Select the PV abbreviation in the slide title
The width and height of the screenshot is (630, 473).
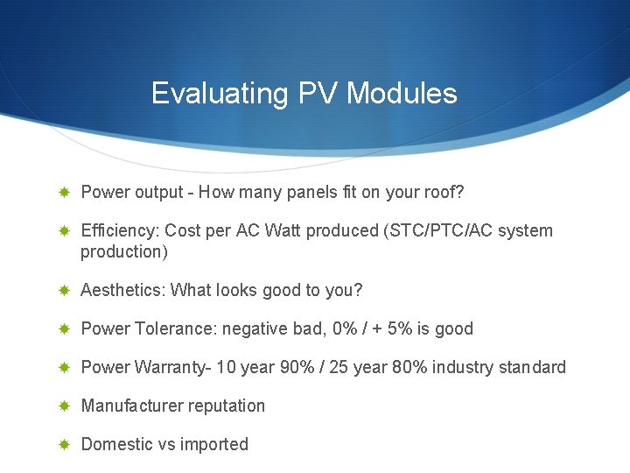pyautogui.click(x=319, y=94)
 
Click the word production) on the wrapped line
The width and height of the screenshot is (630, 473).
pyautogui.click(x=123, y=251)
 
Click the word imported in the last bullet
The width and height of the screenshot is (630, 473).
pyautogui.click(x=214, y=444)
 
